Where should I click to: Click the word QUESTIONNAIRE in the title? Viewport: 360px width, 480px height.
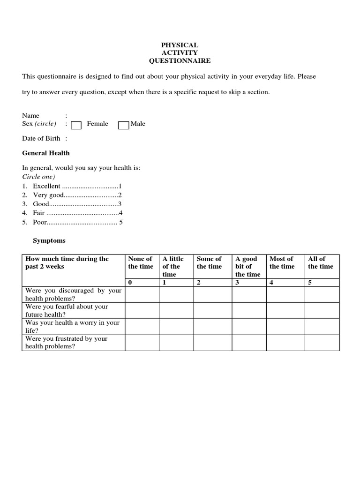pyautogui.click(x=180, y=61)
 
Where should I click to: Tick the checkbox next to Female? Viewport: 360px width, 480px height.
pyautogui.click(x=76, y=125)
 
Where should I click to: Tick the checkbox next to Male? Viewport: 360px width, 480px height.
pyautogui.click(x=124, y=125)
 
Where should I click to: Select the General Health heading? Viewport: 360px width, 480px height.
pyautogui.click(x=46, y=153)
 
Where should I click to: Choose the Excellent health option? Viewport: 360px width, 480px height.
pyautogui.click(x=46, y=186)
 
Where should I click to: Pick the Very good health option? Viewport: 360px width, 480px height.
pyautogui.click(x=48, y=195)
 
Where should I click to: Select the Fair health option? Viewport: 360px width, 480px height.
pyautogui.click(x=39, y=213)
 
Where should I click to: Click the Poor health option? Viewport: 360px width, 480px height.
pyautogui.click(x=40, y=222)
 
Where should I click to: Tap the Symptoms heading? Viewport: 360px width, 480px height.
pyautogui.click(x=49, y=240)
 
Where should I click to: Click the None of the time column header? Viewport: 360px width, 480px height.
pyautogui.click(x=141, y=262)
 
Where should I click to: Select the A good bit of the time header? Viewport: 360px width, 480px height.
pyautogui.click(x=247, y=266)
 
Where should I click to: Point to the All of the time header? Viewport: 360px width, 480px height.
pyautogui.click(x=321, y=262)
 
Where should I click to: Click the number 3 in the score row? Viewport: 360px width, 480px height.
pyautogui.click(x=237, y=283)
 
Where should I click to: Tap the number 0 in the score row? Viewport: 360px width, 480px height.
pyautogui.click(x=130, y=283)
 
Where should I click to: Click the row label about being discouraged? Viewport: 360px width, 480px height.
pyautogui.click(x=73, y=294)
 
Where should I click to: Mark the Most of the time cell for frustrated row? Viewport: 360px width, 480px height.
pyautogui.click(x=285, y=343)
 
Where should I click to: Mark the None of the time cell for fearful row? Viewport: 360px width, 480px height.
pyautogui.click(x=142, y=310)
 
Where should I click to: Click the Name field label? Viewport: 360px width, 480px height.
pyautogui.click(x=31, y=116)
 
